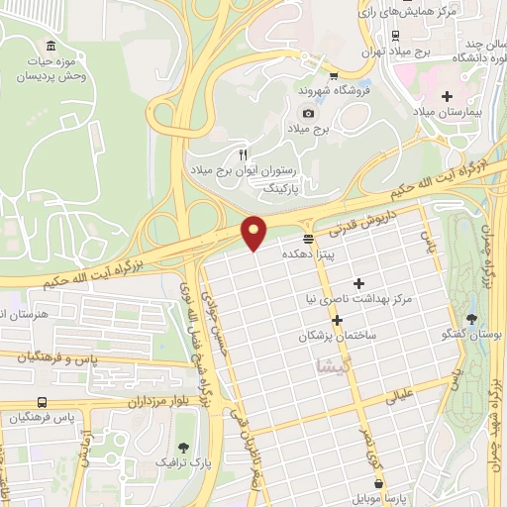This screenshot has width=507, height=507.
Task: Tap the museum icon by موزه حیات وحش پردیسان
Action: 51,46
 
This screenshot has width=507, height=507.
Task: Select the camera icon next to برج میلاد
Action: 308,113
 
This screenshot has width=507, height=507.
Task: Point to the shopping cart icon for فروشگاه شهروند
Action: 334,74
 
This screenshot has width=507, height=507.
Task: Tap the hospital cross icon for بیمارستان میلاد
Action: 448,96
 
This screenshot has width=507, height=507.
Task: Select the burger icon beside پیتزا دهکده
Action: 309,239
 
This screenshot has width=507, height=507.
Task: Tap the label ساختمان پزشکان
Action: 338,337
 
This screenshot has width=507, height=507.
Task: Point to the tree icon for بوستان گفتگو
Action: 471,319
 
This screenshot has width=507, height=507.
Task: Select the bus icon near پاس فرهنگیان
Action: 42,402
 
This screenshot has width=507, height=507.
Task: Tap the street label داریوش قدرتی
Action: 368,225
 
